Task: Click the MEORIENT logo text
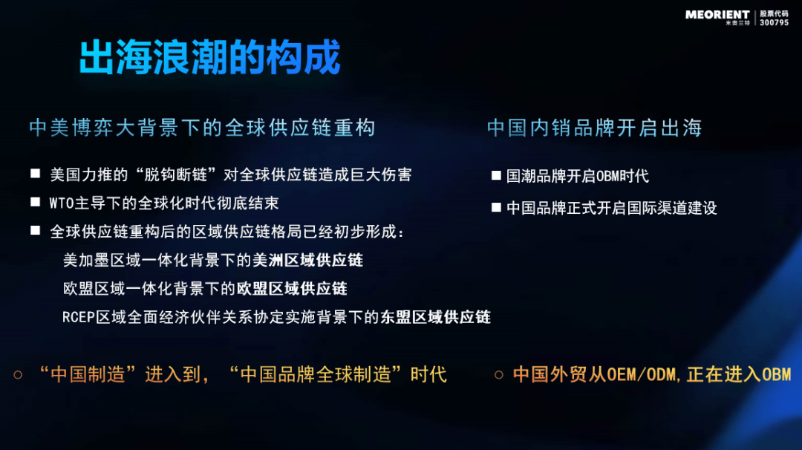[x=717, y=15]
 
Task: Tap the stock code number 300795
[x=774, y=22]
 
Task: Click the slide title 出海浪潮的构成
[x=209, y=56]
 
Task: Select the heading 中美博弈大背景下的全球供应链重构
[x=202, y=128]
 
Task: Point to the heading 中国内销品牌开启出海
[x=594, y=128]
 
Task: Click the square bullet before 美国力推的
[x=36, y=174]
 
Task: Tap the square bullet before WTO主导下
[x=36, y=202]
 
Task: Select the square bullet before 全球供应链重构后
[x=36, y=231]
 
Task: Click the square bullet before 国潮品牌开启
[x=496, y=175]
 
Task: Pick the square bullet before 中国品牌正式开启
[x=496, y=207]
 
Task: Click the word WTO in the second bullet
[x=62, y=203]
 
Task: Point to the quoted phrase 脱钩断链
[x=176, y=175]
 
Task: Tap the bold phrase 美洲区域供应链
[x=308, y=261]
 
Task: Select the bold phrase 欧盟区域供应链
[x=292, y=288]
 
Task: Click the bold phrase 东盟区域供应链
[x=436, y=317]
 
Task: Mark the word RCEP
[x=79, y=318]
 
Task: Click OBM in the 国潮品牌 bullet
[x=608, y=177]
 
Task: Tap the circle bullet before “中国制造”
[x=18, y=375]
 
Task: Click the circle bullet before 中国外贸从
[x=499, y=375]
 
